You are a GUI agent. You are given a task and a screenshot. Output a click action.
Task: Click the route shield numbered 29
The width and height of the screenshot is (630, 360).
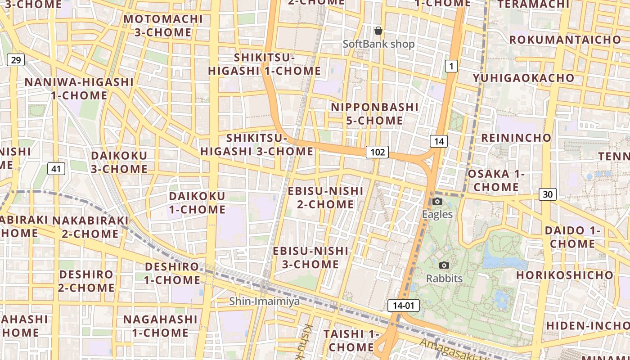[16, 60]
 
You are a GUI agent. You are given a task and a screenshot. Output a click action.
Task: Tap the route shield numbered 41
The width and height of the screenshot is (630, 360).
[56, 169]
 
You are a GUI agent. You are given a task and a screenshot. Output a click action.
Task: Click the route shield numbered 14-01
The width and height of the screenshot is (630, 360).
[403, 306]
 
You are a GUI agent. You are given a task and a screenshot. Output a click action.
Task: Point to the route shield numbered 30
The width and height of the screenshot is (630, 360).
[547, 194]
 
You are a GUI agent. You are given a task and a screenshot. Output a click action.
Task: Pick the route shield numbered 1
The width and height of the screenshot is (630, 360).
[451, 67]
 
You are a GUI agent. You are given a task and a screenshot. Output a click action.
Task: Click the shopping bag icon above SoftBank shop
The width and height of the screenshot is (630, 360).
[378, 31]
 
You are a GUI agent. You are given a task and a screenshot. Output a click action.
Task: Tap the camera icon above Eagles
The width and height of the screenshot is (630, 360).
[437, 201]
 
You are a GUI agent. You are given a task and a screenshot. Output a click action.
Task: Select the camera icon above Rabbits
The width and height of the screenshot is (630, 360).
[444, 265]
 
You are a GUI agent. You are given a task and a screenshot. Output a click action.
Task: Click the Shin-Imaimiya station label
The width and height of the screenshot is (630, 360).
[265, 301]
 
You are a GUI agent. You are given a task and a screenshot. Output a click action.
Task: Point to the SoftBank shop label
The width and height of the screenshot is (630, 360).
[378, 44]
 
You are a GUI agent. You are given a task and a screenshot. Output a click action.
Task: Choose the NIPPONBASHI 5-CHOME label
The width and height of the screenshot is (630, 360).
[375, 114]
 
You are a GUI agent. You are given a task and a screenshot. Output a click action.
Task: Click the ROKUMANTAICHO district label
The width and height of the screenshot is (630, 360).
[565, 40]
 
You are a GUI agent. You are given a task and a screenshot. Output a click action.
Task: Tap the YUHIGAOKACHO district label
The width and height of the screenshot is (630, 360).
[524, 78]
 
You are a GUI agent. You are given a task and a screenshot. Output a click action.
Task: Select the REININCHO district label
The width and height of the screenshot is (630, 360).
[516, 138]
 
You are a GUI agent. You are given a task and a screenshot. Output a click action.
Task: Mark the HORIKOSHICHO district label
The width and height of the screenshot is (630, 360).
[565, 274]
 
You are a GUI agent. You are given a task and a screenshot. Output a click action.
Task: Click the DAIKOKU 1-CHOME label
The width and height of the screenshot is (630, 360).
[197, 202]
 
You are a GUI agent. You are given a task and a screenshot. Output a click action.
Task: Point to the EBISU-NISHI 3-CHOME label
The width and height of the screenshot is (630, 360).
[310, 257]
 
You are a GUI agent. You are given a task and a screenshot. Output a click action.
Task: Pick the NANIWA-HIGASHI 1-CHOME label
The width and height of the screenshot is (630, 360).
[79, 89]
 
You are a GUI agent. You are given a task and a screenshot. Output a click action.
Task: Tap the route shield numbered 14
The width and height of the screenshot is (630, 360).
[439, 141]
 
